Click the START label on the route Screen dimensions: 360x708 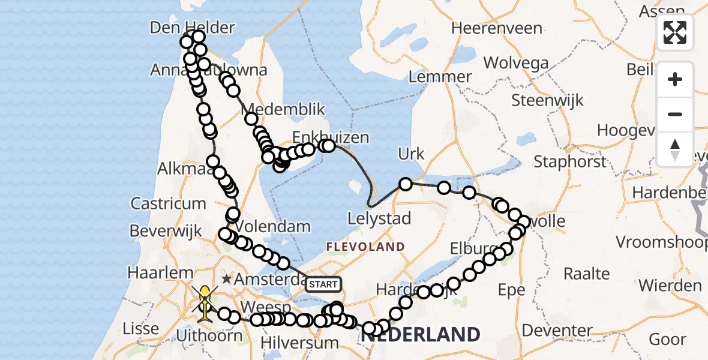(323, 284)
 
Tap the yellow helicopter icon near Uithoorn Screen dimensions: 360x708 (205, 299)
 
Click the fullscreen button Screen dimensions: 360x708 (675, 32)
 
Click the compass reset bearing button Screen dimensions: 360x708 (675, 149)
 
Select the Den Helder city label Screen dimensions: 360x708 (193, 27)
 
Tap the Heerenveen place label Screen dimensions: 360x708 (497, 28)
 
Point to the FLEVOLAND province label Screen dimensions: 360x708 (365, 247)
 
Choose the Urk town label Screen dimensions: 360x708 (411, 154)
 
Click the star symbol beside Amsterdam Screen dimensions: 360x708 (227, 279)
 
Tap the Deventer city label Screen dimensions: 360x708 (557, 330)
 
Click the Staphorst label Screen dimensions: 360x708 (569, 161)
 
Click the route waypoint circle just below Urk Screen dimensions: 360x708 (406, 184)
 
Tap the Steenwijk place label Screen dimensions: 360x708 (547, 100)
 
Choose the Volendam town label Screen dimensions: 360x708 (273, 227)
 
